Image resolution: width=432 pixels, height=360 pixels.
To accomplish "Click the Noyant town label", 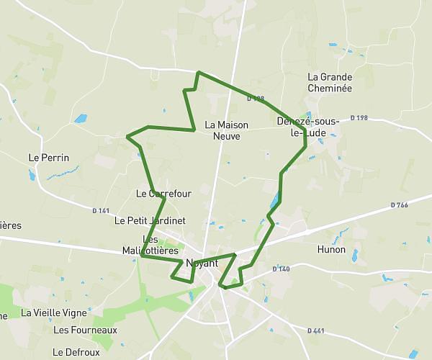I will (x=202, y=263).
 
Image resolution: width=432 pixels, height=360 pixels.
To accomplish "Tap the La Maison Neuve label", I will (x=226, y=130).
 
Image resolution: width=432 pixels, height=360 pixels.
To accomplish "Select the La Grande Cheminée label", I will (x=330, y=82).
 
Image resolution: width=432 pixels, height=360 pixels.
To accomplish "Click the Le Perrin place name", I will (x=49, y=158).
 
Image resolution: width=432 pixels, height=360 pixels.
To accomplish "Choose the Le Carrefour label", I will (x=163, y=194).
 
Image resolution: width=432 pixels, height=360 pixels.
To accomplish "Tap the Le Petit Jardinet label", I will (x=150, y=220).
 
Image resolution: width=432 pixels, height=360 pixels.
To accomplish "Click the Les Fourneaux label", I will (x=85, y=330).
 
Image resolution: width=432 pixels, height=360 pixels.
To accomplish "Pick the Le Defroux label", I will (x=76, y=352).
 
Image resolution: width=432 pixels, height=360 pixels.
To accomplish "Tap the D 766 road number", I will (x=399, y=205).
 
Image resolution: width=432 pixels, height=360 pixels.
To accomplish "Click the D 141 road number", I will (x=101, y=211).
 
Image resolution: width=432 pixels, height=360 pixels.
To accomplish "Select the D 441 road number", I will (x=315, y=330).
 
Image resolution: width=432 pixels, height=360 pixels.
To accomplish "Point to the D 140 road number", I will (x=281, y=269).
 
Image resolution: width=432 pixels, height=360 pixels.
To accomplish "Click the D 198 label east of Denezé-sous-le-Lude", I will (x=359, y=117).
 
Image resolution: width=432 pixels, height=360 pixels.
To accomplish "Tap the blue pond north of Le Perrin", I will (x=80, y=118).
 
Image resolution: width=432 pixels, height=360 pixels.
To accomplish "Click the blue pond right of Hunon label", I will (x=354, y=253).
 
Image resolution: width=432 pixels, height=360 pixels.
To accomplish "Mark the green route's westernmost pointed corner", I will (x=127, y=135).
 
